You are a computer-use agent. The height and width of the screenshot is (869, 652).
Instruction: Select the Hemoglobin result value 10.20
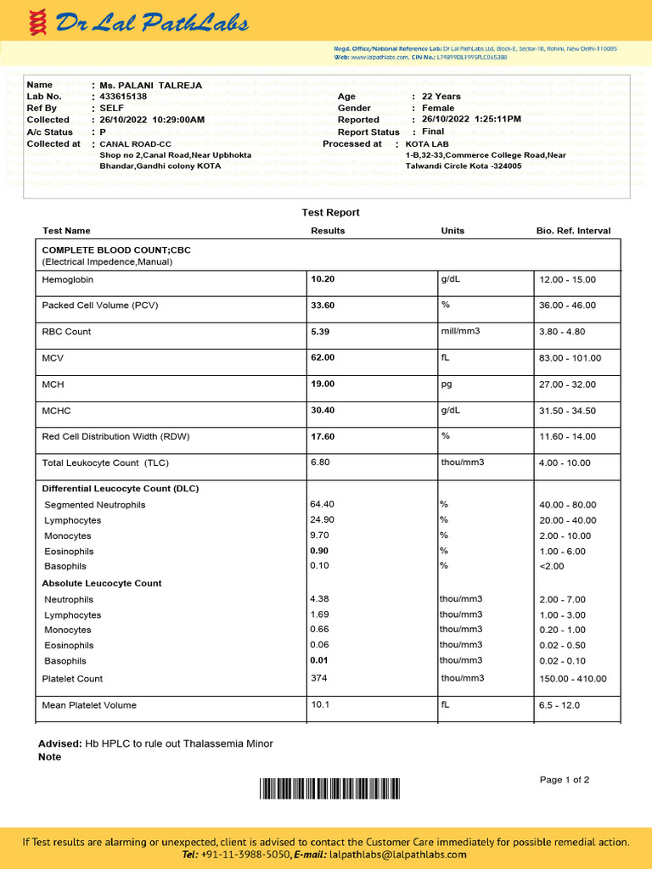323,279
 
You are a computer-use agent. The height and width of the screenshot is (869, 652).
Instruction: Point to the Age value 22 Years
441,97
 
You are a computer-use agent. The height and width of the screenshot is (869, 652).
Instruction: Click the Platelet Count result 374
318,678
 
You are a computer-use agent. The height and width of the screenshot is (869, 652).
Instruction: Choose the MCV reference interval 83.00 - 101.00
570,358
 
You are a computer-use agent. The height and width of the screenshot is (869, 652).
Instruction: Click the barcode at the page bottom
329,789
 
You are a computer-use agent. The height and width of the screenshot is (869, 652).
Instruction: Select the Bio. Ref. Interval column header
573,231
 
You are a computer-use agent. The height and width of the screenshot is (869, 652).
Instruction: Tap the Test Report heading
330,212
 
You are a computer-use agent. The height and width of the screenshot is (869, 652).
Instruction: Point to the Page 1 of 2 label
564,780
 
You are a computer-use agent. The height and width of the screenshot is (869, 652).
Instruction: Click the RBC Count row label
66,332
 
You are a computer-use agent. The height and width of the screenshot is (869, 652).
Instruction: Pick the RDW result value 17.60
323,436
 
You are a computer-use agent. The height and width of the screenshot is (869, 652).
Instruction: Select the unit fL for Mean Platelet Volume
445,704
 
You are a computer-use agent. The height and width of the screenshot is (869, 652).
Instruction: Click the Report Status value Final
433,132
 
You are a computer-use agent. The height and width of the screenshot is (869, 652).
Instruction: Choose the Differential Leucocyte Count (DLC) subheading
121,489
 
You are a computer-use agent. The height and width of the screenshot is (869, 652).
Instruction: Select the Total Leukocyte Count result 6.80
320,463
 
